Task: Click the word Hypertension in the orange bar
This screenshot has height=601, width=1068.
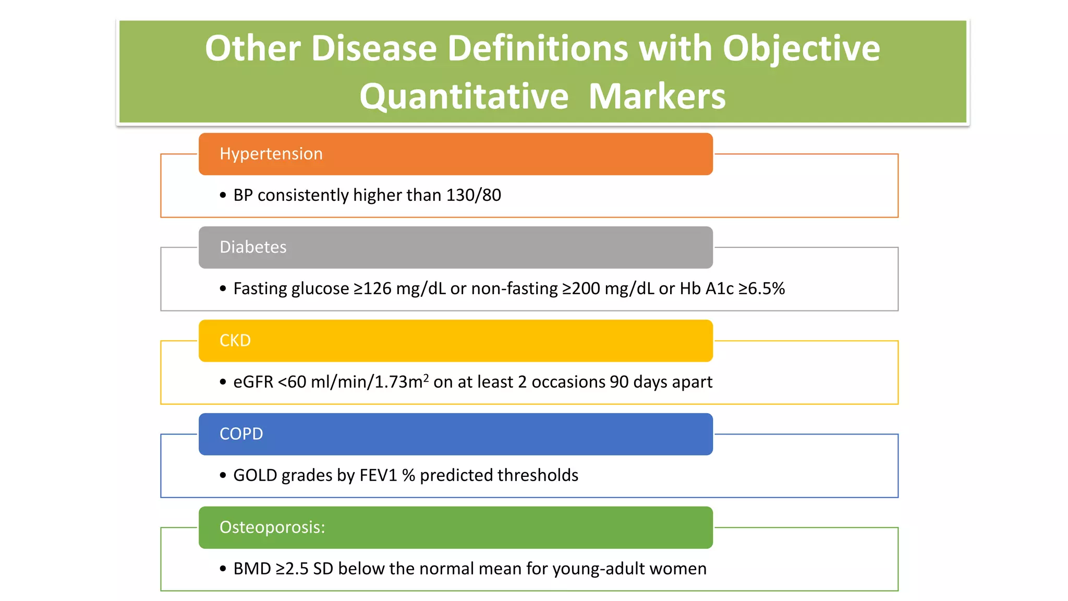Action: pyautogui.click(x=271, y=154)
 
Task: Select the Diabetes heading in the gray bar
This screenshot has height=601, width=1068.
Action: pyautogui.click(x=253, y=247)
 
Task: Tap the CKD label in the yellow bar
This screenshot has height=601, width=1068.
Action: pyautogui.click(x=235, y=341)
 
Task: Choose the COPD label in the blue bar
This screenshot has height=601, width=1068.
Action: pyautogui.click(x=241, y=434)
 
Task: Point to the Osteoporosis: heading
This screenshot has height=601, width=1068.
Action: pyautogui.click(x=272, y=527)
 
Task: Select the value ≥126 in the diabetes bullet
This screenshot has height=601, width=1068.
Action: pyautogui.click(x=372, y=289)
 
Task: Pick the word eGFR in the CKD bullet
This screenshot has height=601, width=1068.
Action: pyautogui.click(x=253, y=382)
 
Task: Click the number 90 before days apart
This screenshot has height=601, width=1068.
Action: pyautogui.click(x=619, y=382)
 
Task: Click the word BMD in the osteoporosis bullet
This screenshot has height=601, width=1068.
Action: pyautogui.click(x=252, y=569)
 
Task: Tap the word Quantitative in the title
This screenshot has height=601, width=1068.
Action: pyautogui.click(x=464, y=97)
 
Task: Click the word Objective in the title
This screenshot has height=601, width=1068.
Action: pyautogui.click(x=801, y=49)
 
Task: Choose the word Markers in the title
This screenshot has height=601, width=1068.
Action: pyautogui.click(x=657, y=97)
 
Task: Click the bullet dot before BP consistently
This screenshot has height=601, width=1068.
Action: pyautogui.click(x=223, y=196)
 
